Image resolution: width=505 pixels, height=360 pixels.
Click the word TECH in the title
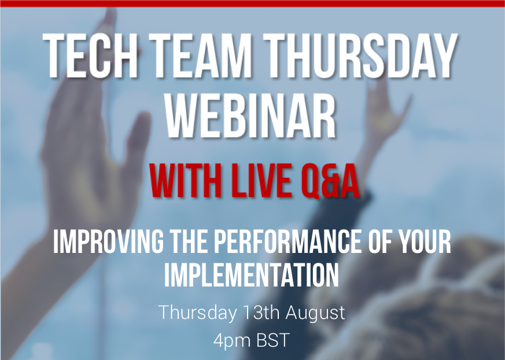pos(91,56)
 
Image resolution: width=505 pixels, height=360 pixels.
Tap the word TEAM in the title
pos(202,56)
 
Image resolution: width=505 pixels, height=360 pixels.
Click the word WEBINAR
pos(251,115)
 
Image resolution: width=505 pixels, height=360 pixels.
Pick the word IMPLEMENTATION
pos(252,275)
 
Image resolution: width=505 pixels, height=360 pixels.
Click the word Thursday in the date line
pos(197,313)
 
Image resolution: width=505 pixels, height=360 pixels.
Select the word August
pos(315,313)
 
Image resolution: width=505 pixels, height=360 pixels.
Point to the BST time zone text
pos(273,340)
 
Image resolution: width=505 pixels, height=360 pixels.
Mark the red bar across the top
pos(252,3)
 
